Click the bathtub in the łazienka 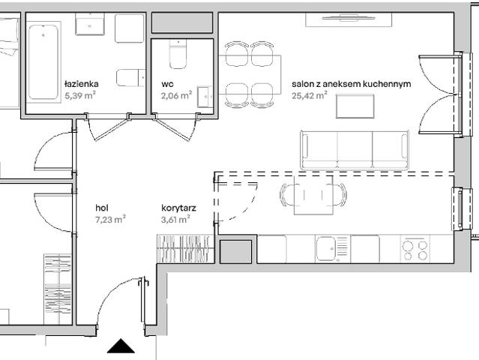[x=43, y=62]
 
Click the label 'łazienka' [x=80, y=85]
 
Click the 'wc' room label [x=167, y=85]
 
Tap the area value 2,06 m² [x=175, y=95]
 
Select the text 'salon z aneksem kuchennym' [x=351, y=85]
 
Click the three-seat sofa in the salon [x=354, y=150]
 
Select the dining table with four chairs [x=250, y=73]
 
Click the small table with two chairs [x=313, y=196]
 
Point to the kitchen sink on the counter [x=332, y=248]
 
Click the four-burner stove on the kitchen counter [x=414, y=249]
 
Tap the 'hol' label [x=102, y=208]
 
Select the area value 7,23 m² [x=110, y=219]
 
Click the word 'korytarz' [x=178, y=208]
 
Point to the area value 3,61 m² [x=175, y=219]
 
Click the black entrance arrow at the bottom [x=120, y=346]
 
